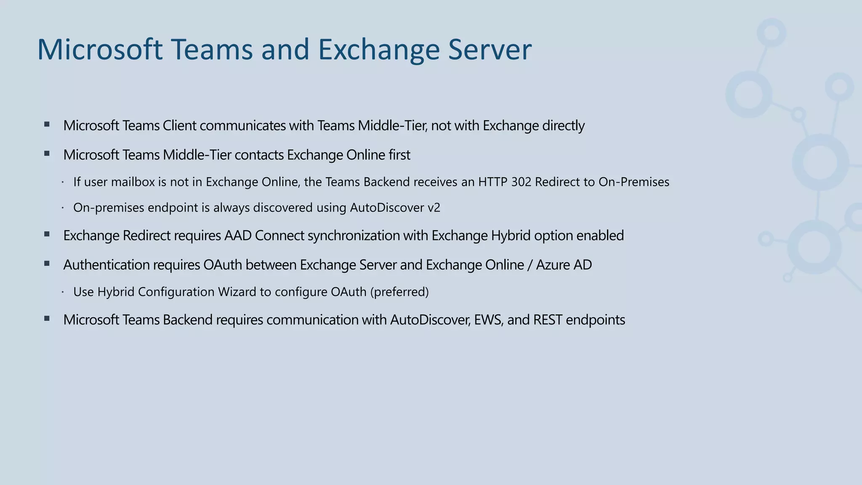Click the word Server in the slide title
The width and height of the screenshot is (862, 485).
490,50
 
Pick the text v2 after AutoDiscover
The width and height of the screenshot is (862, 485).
434,208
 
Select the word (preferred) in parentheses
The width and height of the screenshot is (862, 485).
399,292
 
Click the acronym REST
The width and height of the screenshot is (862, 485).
548,320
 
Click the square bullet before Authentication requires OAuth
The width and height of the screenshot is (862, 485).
47,264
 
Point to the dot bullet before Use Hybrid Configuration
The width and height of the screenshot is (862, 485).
62,292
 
